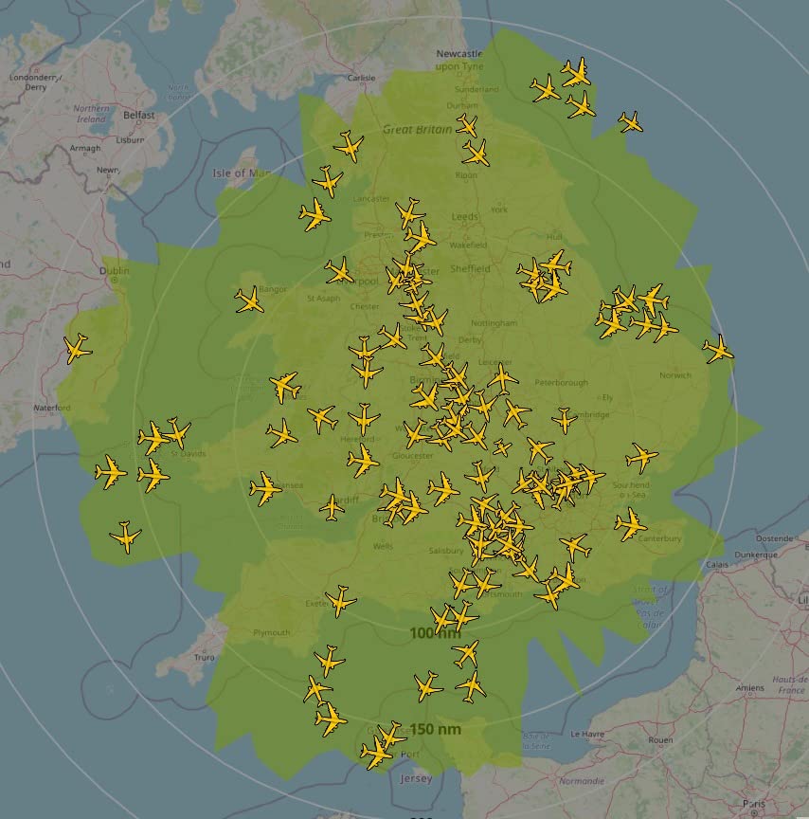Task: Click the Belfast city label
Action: [x=138, y=115]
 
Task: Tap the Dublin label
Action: [x=114, y=270]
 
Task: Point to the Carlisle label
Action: [x=362, y=79]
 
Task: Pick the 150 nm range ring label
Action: [x=436, y=729]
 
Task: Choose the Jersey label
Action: [x=416, y=778]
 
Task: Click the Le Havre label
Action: [x=587, y=734]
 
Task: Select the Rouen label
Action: [x=660, y=740]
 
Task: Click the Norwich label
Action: [x=675, y=375]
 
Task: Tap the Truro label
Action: [x=204, y=657]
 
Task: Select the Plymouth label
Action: [x=272, y=632]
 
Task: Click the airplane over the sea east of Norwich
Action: [x=718, y=350]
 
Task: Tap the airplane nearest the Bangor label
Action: [x=249, y=301]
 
